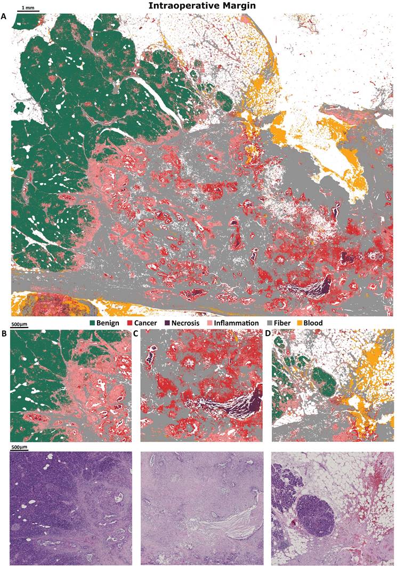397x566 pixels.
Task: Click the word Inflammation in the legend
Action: pos(260,323)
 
